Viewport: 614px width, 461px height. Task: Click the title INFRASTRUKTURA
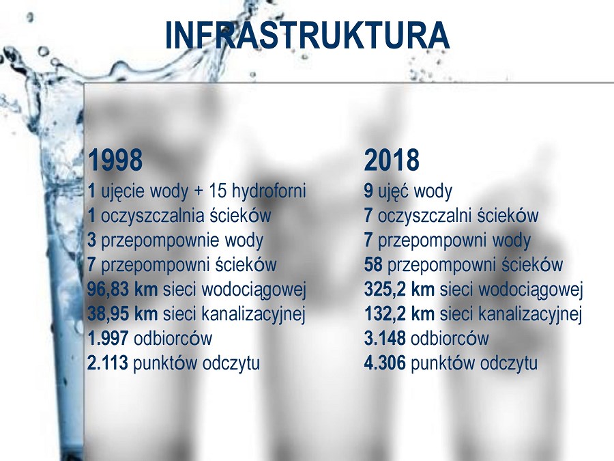(x=307, y=36)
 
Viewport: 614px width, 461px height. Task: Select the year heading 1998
(x=115, y=160)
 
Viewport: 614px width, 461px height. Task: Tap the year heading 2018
(x=392, y=160)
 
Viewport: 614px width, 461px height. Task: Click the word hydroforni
(x=269, y=191)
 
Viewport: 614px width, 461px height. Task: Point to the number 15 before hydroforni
(x=218, y=191)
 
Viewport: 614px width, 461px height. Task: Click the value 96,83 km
(x=123, y=290)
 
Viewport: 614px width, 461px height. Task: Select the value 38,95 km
(x=123, y=314)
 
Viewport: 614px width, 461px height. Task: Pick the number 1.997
(x=108, y=338)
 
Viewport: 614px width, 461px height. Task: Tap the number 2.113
(x=108, y=363)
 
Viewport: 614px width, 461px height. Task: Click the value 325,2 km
(x=399, y=290)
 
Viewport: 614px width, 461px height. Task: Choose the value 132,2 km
(x=399, y=314)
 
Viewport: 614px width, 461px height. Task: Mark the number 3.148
(x=385, y=338)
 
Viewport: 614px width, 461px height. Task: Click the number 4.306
(x=385, y=363)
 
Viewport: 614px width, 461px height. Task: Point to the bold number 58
(x=373, y=264)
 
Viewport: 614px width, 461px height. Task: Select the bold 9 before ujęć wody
(x=368, y=191)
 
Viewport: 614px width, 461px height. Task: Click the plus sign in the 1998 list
(x=199, y=192)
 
